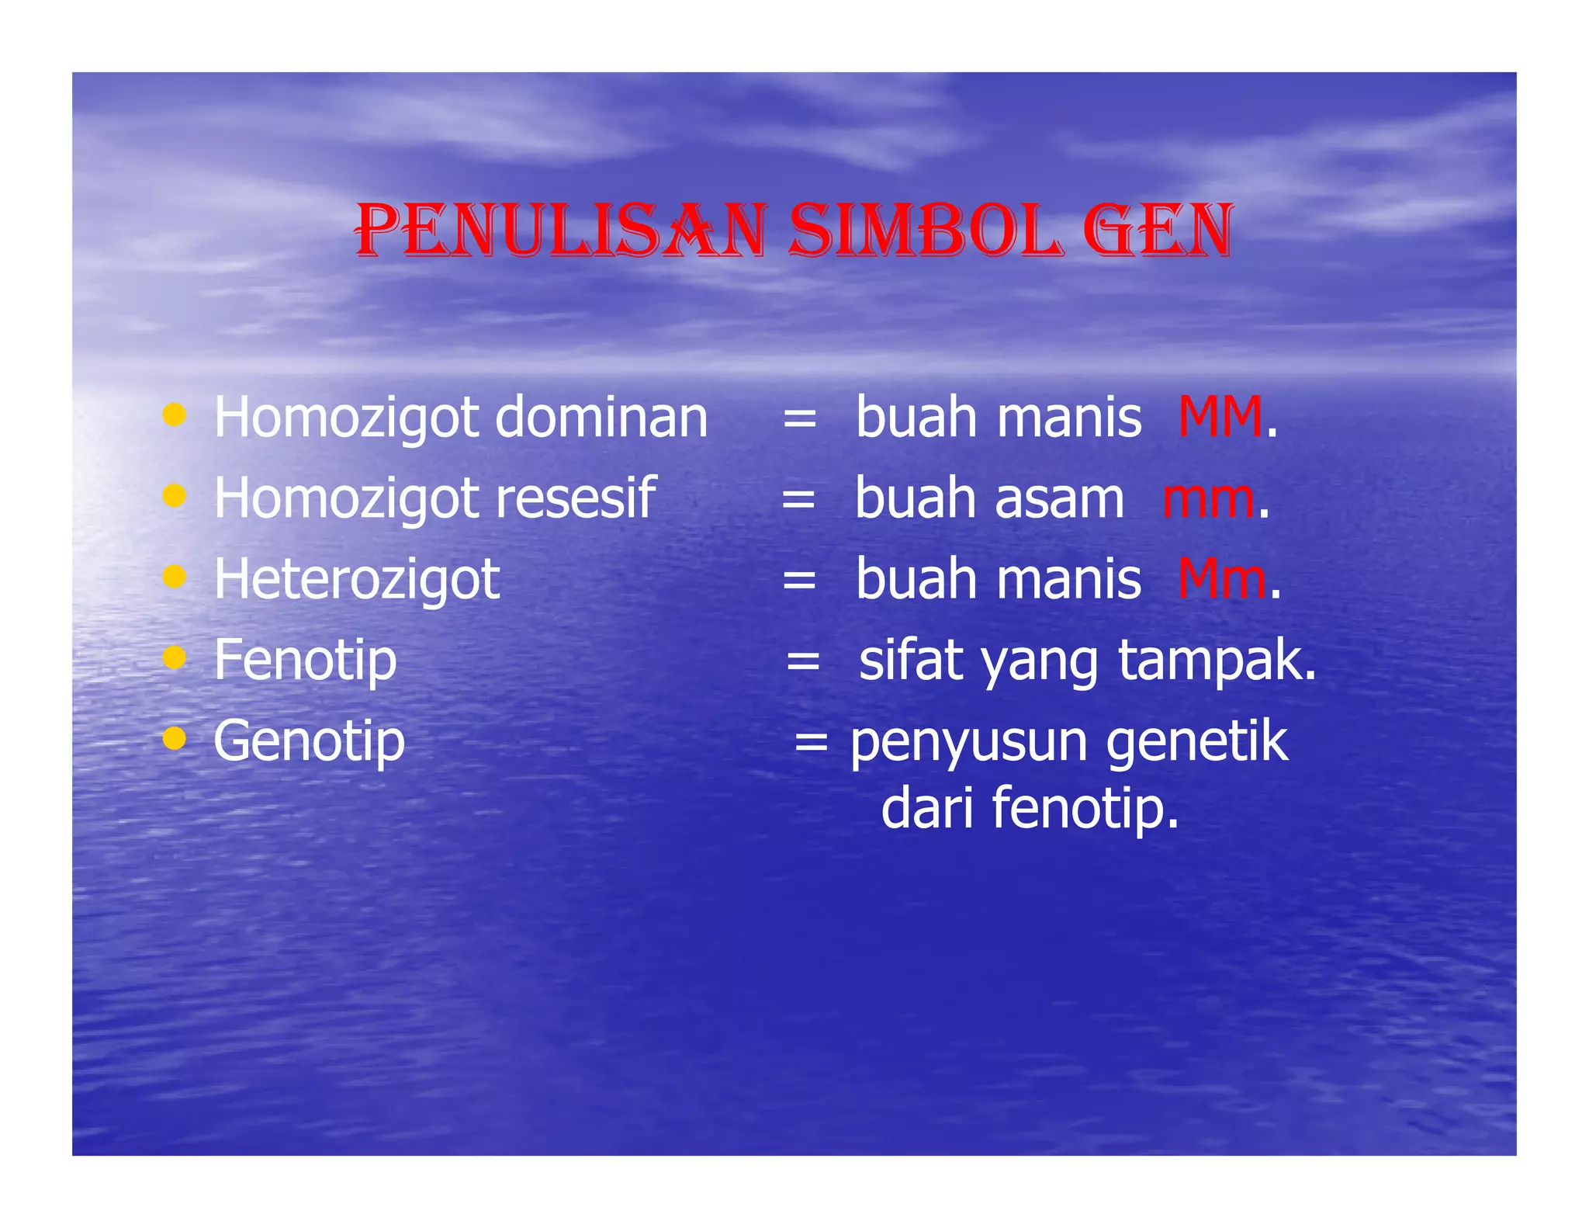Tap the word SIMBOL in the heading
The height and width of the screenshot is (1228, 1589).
tap(923, 231)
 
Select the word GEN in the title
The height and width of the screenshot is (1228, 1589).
tap(1157, 231)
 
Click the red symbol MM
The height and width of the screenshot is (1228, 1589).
tap(1220, 417)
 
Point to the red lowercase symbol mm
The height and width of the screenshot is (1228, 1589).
tap(1208, 498)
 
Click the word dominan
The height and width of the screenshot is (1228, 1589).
tap(601, 417)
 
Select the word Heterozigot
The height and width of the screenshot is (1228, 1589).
tap(357, 579)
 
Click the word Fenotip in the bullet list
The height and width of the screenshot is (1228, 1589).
tap(305, 660)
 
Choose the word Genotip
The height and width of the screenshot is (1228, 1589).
tap(309, 741)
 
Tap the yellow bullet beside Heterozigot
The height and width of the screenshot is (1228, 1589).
tap(175, 577)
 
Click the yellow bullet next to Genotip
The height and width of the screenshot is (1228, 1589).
tap(175, 738)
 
